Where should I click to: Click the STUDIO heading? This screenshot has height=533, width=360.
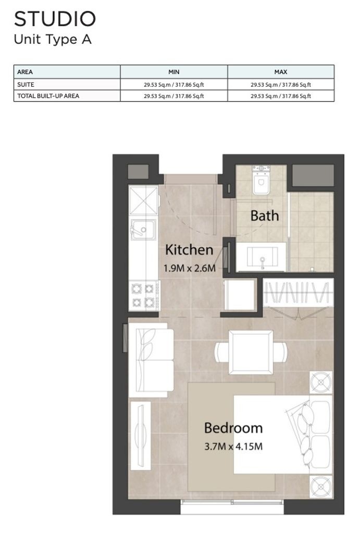[55, 19]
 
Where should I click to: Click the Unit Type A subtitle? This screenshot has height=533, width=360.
[53, 40]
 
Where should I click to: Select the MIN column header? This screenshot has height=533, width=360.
[174, 72]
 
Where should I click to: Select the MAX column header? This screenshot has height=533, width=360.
[281, 72]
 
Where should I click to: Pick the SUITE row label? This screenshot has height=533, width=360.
[26, 85]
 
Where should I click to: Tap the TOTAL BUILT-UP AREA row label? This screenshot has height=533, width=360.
[48, 96]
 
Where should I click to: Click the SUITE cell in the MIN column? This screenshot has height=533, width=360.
[174, 85]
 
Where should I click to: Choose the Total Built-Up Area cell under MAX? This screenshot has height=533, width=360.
[281, 96]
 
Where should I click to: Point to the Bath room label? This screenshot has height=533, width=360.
[265, 216]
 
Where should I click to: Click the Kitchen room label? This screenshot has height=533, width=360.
[189, 250]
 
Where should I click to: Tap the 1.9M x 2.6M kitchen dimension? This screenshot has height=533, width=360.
[190, 268]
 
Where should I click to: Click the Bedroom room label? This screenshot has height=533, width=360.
[233, 428]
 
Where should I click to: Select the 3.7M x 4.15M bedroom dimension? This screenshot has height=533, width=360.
[233, 446]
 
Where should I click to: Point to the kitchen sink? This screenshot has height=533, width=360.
[143, 229]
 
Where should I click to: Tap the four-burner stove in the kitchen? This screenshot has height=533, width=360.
[143, 296]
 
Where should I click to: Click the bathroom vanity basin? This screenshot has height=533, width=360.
[262, 257]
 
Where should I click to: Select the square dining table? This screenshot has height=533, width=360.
[251, 352]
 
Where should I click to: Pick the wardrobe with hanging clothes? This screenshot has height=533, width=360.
[298, 293]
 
